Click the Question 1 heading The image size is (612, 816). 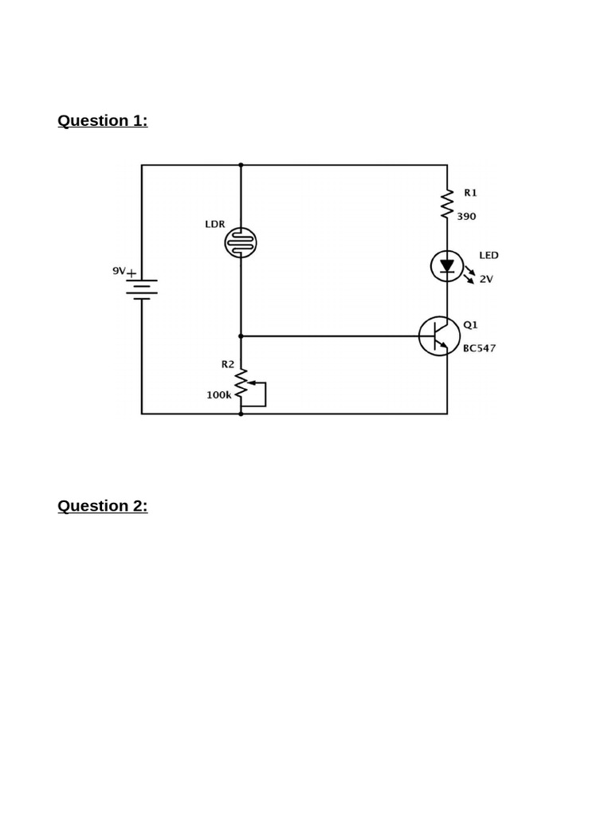pos(102,120)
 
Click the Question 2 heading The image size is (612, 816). pos(102,506)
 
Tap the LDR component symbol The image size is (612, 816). pos(241,242)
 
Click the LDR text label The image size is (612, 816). pos(215,224)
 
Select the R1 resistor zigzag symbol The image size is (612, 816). pos(447,204)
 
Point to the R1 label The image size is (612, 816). pos(470,193)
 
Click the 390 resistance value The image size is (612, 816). pos(467,216)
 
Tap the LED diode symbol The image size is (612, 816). pos(447,266)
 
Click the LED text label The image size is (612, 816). pos(488,255)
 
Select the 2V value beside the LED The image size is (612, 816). pos(486,279)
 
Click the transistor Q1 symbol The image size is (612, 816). pos(439,336)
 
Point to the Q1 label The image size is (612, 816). pos(470,324)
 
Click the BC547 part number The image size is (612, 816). pos(479,348)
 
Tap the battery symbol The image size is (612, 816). pos(142,289)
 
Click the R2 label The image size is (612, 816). pos(228,364)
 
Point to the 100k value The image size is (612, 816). pos(218,394)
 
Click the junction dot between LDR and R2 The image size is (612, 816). pos(241,336)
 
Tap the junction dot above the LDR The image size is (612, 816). pos(241,165)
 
